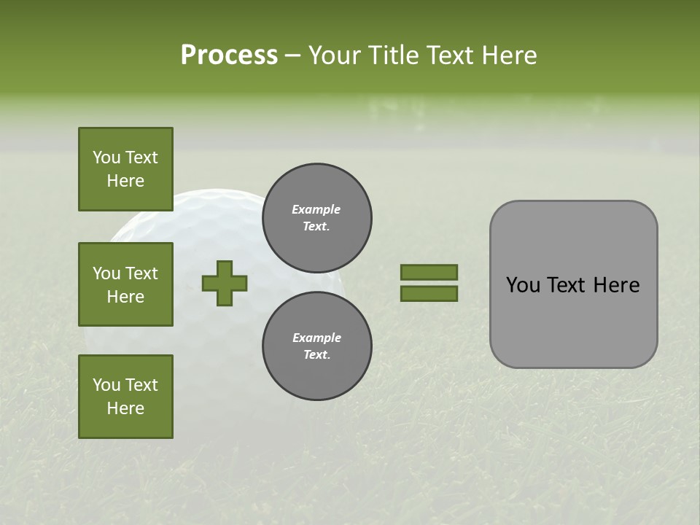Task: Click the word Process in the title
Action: click(229, 55)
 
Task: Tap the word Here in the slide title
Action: click(508, 55)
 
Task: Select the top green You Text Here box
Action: click(125, 169)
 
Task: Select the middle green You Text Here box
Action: click(125, 284)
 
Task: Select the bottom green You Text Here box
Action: click(125, 397)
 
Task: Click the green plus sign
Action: click(225, 283)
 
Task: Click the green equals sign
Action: click(429, 283)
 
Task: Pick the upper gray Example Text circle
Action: click(317, 218)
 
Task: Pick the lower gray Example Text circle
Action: click(317, 346)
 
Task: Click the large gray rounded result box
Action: click(573, 284)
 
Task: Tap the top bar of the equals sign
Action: click(429, 272)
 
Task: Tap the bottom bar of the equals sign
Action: click(429, 294)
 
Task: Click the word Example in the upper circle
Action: click(316, 210)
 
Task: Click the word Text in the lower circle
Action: click(316, 355)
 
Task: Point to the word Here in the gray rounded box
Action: click(617, 285)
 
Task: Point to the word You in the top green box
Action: click(106, 157)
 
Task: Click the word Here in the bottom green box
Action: click(125, 408)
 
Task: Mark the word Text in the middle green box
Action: click(141, 273)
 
